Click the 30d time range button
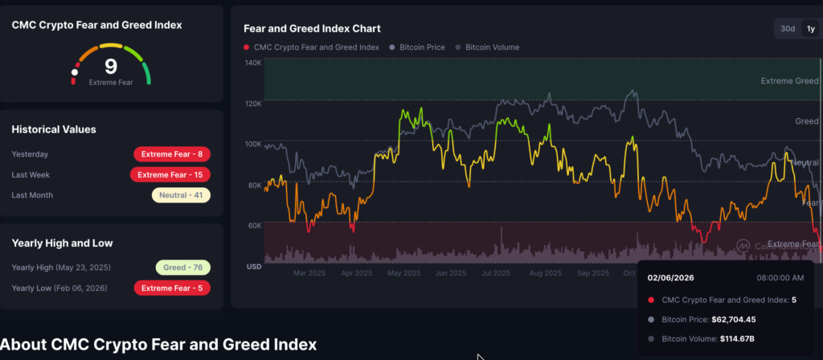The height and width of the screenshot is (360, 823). point(788,29)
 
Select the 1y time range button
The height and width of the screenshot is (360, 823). point(810,29)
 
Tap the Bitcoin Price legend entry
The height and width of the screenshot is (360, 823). point(417,47)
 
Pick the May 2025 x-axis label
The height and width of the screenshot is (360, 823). point(404,273)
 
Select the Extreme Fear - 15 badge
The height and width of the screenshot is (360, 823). point(170,174)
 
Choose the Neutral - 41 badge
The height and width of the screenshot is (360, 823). point(181,194)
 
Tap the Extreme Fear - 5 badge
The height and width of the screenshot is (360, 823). point(172,288)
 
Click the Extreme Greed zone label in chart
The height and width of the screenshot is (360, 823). point(790,81)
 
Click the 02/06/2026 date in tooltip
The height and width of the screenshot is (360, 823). point(672,278)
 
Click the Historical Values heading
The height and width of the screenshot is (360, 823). point(54,129)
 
